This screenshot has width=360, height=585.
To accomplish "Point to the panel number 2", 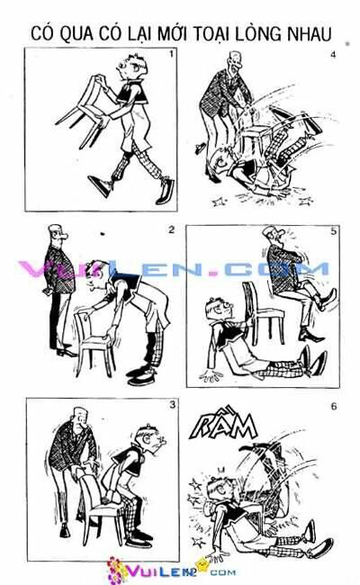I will coord(171,229).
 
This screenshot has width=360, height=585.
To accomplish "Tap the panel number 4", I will coord(332,55).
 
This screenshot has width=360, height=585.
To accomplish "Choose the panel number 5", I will coord(332,231).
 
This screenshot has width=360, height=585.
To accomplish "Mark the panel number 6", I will coord(333,406).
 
